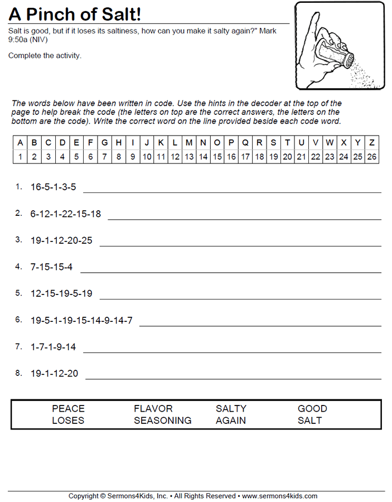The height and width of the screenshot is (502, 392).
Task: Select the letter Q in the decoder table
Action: click(x=245, y=143)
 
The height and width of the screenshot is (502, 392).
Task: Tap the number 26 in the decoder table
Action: click(x=371, y=157)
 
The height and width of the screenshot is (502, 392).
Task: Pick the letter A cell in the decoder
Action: click(x=20, y=143)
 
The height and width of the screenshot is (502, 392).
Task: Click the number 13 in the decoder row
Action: click(x=189, y=157)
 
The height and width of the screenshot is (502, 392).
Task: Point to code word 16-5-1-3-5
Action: click(x=53, y=187)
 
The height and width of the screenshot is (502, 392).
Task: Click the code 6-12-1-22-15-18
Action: click(x=66, y=214)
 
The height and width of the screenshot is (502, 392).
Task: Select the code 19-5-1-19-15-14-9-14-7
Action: click(x=81, y=320)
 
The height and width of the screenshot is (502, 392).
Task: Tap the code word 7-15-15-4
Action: click(x=51, y=267)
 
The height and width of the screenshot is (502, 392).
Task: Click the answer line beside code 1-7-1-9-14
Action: click(x=232, y=352)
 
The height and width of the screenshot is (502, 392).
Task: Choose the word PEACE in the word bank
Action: click(x=68, y=409)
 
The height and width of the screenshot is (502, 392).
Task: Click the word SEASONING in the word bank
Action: click(x=162, y=421)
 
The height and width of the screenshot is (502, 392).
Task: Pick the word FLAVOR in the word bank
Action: click(x=153, y=409)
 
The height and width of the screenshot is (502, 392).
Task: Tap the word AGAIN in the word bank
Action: click(x=230, y=421)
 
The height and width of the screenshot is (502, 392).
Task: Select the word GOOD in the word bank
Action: click(x=312, y=409)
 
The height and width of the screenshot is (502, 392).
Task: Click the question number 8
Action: click(x=18, y=373)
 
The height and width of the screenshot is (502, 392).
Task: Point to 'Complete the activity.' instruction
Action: click(x=45, y=55)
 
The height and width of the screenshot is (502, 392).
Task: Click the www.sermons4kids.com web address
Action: click(x=279, y=496)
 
